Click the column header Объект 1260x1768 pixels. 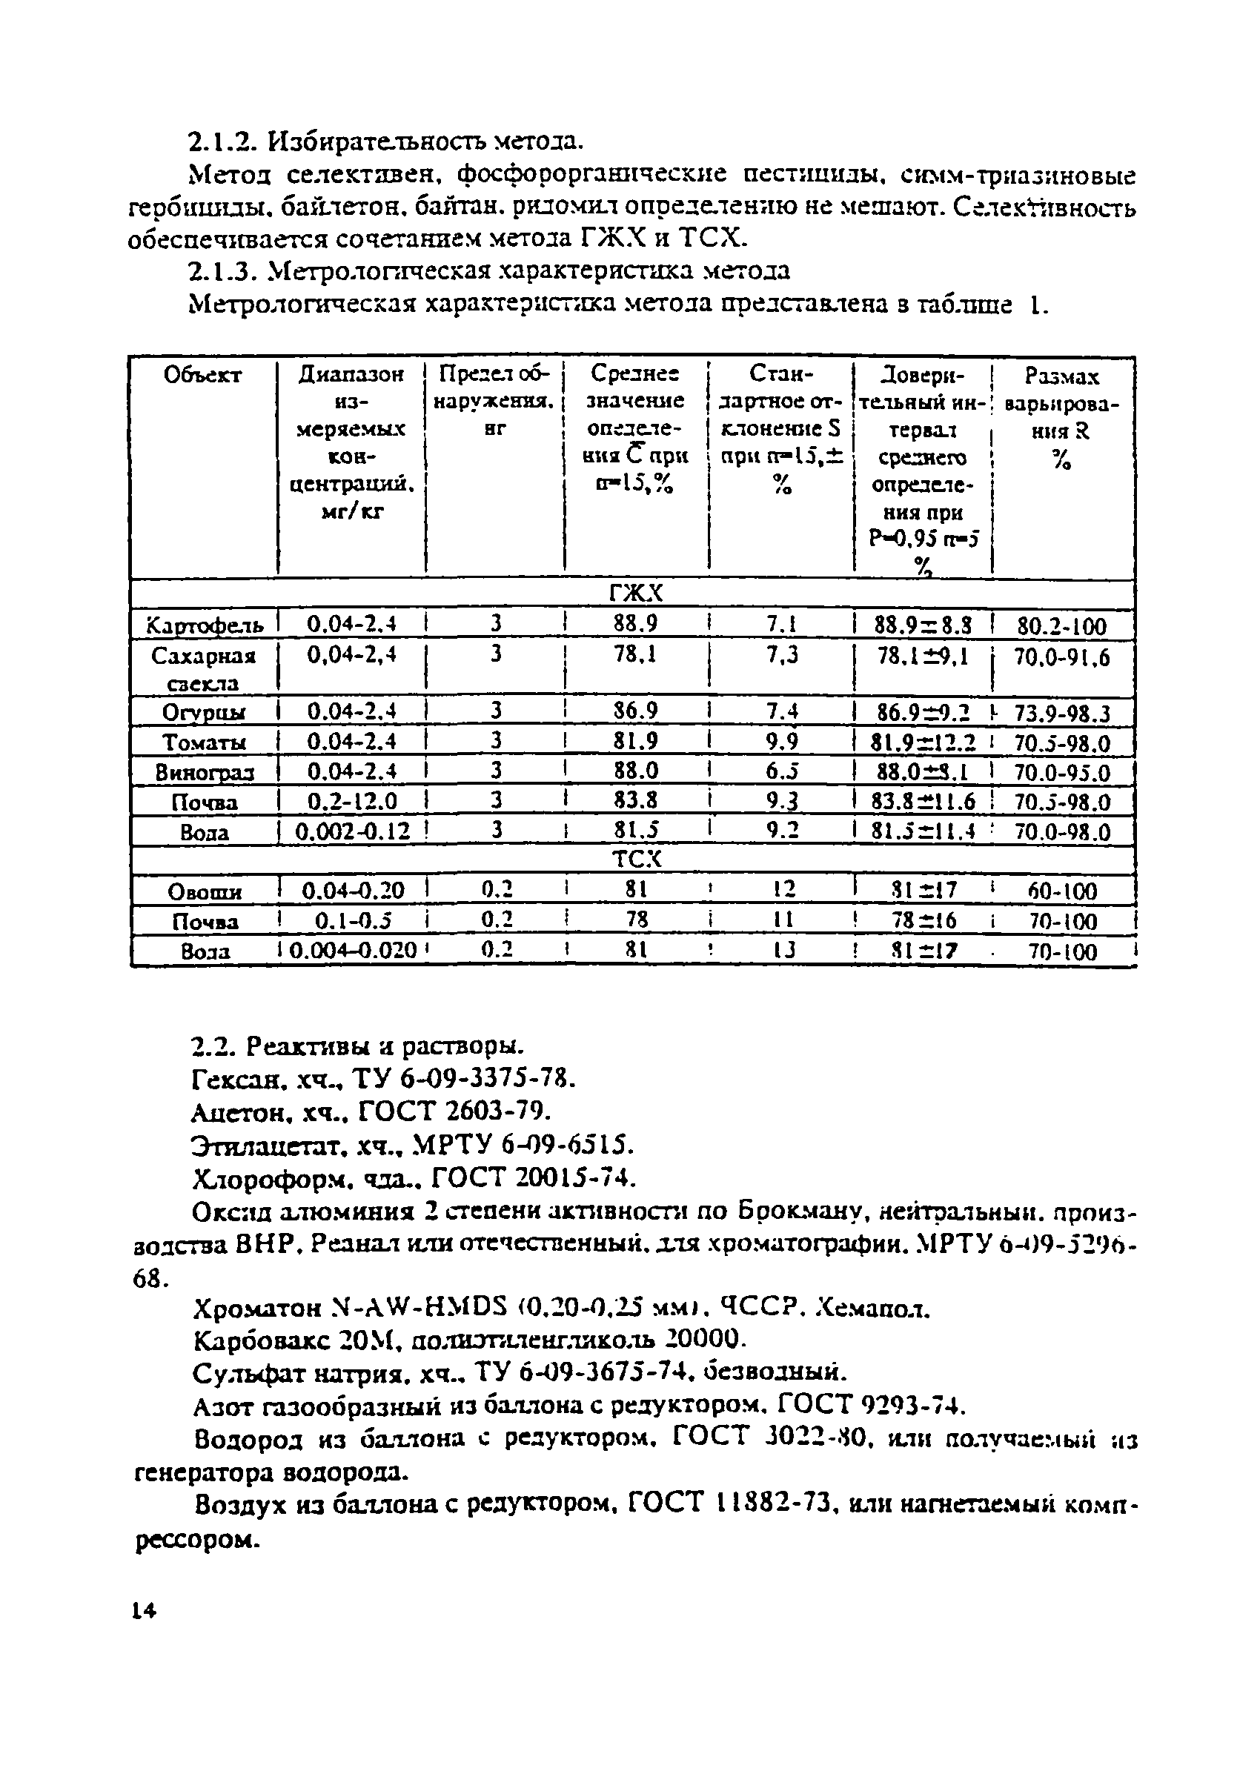(202, 376)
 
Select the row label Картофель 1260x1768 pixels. (205, 625)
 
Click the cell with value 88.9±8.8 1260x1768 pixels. (923, 625)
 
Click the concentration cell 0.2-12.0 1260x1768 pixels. (352, 801)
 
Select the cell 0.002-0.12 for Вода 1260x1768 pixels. (353, 831)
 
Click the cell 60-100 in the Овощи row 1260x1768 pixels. (1062, 891)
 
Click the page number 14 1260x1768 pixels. (145, 1612)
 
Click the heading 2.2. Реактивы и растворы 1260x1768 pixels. (358, 1047)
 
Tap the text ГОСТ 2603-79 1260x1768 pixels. (454, 1112)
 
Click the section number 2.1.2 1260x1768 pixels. (222, 143)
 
